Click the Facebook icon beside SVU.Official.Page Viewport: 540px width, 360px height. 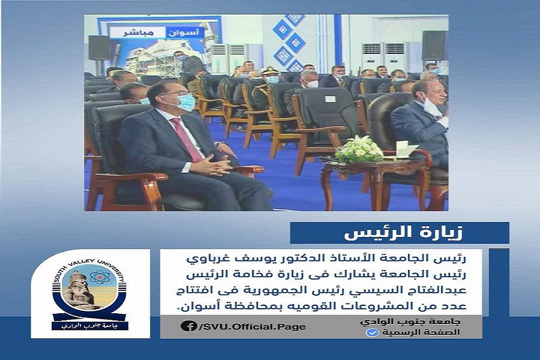(x=188, y=326)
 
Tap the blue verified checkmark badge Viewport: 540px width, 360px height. (x=372, y=333)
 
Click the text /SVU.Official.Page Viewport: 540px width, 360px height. (x=252, y=326)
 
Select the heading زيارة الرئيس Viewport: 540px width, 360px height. (x=404, y=233)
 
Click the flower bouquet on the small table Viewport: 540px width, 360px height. (x=359, y=149)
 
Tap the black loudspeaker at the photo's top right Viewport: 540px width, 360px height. (x=434, y=46)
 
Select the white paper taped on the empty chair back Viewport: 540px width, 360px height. (x=329, y=99)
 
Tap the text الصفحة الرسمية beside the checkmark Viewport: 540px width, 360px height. (x=421, y=333)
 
